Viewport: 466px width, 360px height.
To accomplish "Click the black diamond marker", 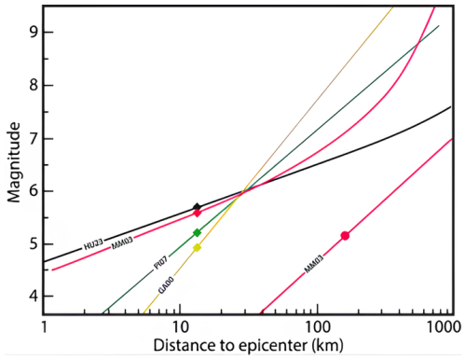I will pyautogui.click(x=197, y=207).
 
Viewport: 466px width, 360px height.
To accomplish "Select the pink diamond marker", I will pyautogui.click(x=197, y=214).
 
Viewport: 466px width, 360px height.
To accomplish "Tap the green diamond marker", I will pyautogui.click(x=197, y=232).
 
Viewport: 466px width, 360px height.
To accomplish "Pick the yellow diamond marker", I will pyautogui.click(x=197, y=247).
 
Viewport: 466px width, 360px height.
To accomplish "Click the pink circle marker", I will pyautogui.click(x=345, y=236).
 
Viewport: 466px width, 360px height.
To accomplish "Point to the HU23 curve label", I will pyautogui.click(x=92, y=245).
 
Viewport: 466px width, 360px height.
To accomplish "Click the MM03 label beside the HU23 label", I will pyautogui.click(x=120, y=244).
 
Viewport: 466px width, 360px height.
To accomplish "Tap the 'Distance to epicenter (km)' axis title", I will pyautogui.click(x=247, y=346).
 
